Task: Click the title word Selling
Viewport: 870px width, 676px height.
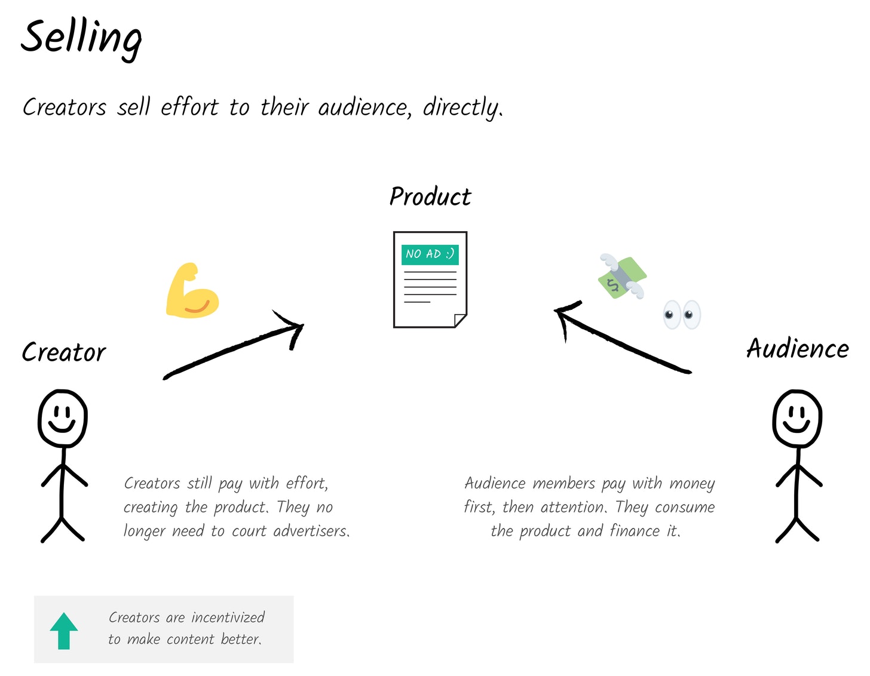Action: click(x=81, y=39)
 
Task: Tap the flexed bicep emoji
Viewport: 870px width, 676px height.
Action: click(x=192, y=290)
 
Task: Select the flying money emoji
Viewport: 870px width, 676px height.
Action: click(x=622, y=276)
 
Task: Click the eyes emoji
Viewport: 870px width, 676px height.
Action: click(x=681, y=315)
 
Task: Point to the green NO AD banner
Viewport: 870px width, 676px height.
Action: click(x=430, y=254)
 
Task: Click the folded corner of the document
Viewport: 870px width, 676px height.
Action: click(x=461, y=321)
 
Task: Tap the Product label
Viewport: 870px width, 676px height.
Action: click(x=430, y=197)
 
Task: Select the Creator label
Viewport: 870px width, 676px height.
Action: click(x=64, y=352)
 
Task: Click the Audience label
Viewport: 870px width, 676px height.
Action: click(x=798, y=348)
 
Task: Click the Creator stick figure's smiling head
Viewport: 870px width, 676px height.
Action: click(x=63, y=418)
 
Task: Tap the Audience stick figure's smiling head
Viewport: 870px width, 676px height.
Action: click(x=797, y=418)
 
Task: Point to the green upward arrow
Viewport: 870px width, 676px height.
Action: click(x=64, y=631)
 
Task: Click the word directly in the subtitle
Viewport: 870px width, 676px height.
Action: click(x=463, y=107)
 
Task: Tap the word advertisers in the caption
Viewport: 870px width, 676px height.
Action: click(x=311, y=531)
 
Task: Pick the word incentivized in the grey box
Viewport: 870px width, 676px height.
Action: click(x=228, y=617)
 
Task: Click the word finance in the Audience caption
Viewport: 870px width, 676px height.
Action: click(x=635, y=531)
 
